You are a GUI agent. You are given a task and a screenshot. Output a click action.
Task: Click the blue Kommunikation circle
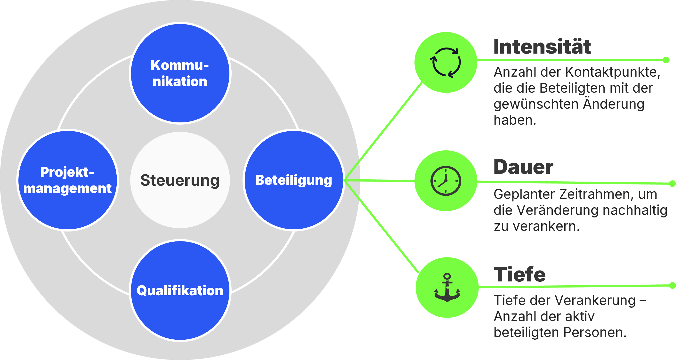[x=180, y=73]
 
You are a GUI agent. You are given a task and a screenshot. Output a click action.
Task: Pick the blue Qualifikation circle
[x=180, y=290]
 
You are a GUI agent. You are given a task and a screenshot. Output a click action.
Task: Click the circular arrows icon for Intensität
[x=446, y=63]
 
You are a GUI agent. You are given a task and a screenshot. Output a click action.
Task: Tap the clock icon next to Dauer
[x=446, y=181]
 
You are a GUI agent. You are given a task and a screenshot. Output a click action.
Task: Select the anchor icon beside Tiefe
[x=447, y=288]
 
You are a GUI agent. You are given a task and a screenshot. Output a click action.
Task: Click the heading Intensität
[x=542, y=47]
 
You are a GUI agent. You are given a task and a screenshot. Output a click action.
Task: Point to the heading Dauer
[x=523, y=167]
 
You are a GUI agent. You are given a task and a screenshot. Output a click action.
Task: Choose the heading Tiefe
[x=519, y=274]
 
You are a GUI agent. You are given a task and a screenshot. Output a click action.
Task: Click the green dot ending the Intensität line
[x=666, y=60]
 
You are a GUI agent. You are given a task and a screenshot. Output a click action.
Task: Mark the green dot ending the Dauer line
[x=672, y=184]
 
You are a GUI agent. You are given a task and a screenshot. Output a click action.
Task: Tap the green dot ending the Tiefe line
[x=673, y=285]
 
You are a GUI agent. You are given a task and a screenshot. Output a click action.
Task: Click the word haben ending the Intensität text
[x=514, y=120]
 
